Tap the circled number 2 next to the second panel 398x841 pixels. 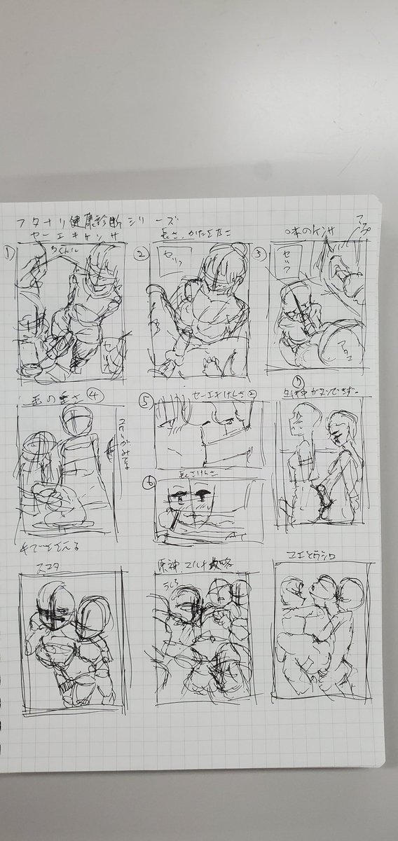coord(141,254)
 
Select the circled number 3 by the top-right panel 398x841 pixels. coord(260,254)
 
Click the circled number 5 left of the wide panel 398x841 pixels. coord(146,404)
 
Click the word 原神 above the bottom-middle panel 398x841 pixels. coord(163,565)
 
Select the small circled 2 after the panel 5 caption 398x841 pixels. coord(233,394)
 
